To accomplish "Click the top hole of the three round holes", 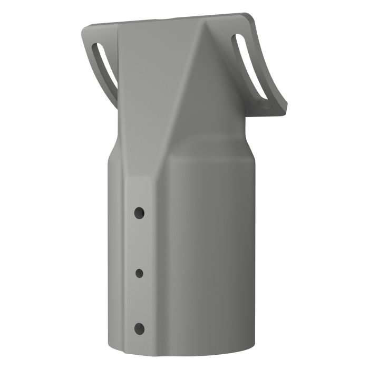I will click(139, 212).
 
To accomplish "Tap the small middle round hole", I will click(140, 273).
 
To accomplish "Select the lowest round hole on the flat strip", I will click(139, 328).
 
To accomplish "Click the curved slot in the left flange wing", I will click(105, 69).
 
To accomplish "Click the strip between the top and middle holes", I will click(139, 242).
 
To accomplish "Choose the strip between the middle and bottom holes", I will click(139, 300).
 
